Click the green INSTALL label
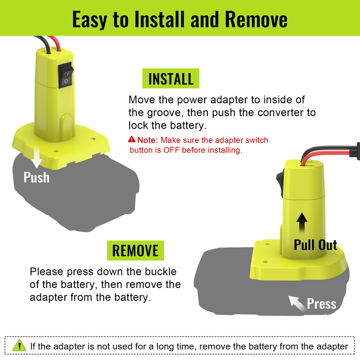coord(170,78)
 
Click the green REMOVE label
coord(135,250)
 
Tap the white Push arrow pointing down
coord(36,157)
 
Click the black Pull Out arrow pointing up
coord(302,223)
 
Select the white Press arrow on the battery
coord(297,304)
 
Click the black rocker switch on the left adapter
coord(66,75)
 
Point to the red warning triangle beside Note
coord(132,139)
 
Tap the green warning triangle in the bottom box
coord(19,345)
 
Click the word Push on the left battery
coord(36,177)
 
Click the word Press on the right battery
coord(322,304)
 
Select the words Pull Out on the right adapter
coord(315,245)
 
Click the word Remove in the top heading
coord(256,19)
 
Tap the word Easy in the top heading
coord(90,20)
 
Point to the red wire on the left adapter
coord(55,43)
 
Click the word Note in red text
coord(146,140)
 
